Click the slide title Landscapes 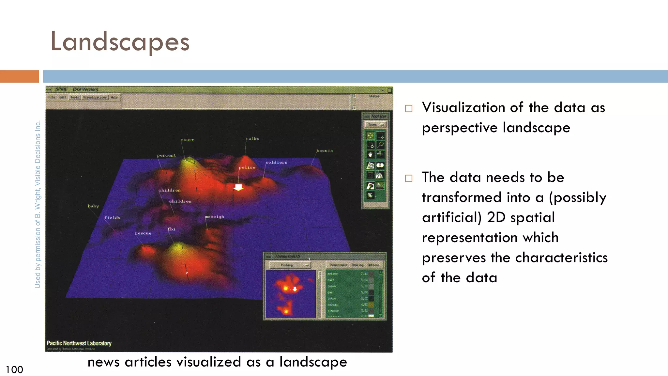(x=120, y=42)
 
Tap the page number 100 (x=14, y=369)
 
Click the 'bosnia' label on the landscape (x=325, y=151)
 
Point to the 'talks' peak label (x=253, y=139)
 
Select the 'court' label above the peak (x=188, y=140)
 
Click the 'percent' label (x=166, y=155)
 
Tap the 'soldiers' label (x=276, y=162)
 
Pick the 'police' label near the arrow (x=247, y=167)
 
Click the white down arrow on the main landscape (x=238, y=187)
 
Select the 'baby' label (x=93, y=206)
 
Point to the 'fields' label (x=112, y=218)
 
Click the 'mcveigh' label (x=215, y=217)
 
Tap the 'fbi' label (x=172, y=229)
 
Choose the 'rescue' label (x=143, y=233)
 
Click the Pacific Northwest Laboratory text (x=79, y=343)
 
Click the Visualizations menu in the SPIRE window (x=95, y=97)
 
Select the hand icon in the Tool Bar (x=370, y=154)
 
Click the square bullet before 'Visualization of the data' (x=409, y=108)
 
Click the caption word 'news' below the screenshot (x=103, y=362)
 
